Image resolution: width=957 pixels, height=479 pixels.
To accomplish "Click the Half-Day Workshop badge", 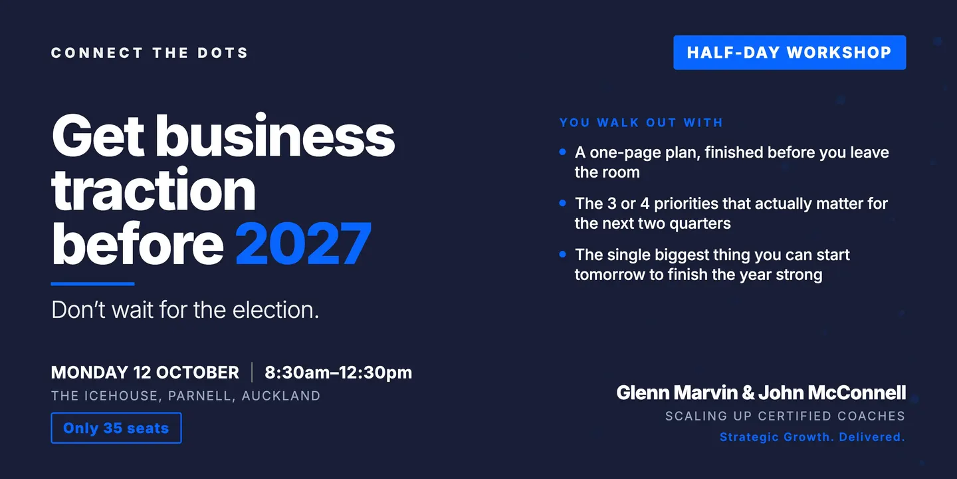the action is pos(790,53).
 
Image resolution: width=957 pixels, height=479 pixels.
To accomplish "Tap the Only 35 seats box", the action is pos(116,428).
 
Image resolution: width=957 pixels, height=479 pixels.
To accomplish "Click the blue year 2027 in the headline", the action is pos(303,243).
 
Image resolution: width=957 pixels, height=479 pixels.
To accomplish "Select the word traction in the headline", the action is pos(154,190).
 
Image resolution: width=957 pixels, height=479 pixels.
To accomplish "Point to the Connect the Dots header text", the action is pos(150,53).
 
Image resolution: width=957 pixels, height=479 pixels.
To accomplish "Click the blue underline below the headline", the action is pos(93,283).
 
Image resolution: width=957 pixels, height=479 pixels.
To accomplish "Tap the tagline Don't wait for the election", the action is pos(185,309).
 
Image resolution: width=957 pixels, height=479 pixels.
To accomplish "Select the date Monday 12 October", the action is pos(145,373).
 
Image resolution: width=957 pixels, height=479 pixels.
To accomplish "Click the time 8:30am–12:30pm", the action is pos(338,373).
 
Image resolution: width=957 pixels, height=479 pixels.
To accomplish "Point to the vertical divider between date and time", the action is pos(252,372).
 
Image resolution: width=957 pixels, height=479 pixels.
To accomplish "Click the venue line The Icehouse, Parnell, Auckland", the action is pos(186,396).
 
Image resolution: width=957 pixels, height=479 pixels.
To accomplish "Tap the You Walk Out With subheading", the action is pos(641,122).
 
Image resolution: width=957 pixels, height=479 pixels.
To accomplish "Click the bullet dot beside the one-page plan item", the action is pos(563,152).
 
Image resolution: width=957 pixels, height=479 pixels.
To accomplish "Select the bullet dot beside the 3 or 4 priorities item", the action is pos(563,203).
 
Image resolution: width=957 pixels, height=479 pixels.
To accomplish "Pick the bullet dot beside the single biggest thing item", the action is pos(563,254).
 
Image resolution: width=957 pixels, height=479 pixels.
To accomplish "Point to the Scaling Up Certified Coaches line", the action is pos(786,416).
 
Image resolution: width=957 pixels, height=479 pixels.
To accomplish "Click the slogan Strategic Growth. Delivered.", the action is pos(813,437).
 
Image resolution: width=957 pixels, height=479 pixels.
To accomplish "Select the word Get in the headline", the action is pos(98,136).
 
